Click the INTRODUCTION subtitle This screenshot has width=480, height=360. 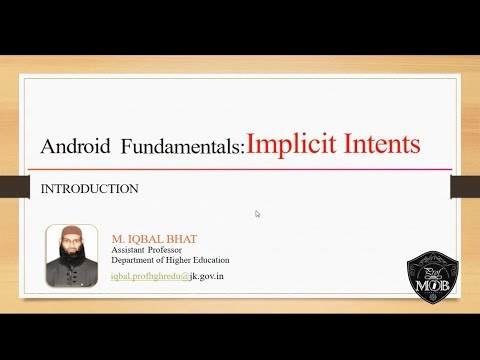[x=88, y=188]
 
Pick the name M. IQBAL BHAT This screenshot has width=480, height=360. [x=154, y=240]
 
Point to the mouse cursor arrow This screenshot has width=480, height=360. [x=257, y=213]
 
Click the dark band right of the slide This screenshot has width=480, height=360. [x=468, y=184]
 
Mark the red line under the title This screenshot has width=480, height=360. [x=240, y=169]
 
